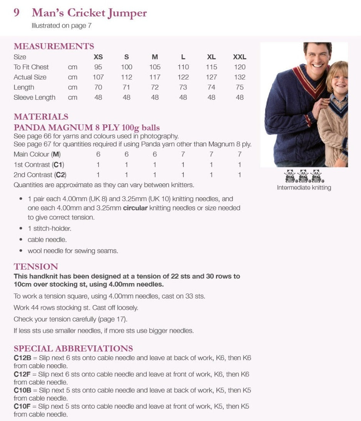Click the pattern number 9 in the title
(17, 13)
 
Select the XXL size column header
(239, 57)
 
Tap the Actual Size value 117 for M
(155, 77)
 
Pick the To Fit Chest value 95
(98, 67)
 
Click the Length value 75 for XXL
(239, 87)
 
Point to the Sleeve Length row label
(35, 97)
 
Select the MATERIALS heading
(41, 117)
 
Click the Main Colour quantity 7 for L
(183, 154)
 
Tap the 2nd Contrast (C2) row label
(40, 175)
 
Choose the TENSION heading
(36, 267)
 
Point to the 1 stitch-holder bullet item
(49, 228)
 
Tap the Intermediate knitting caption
(304, 188)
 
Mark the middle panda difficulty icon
(304, 176)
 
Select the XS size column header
(98, 57)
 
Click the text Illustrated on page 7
(61, 26)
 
